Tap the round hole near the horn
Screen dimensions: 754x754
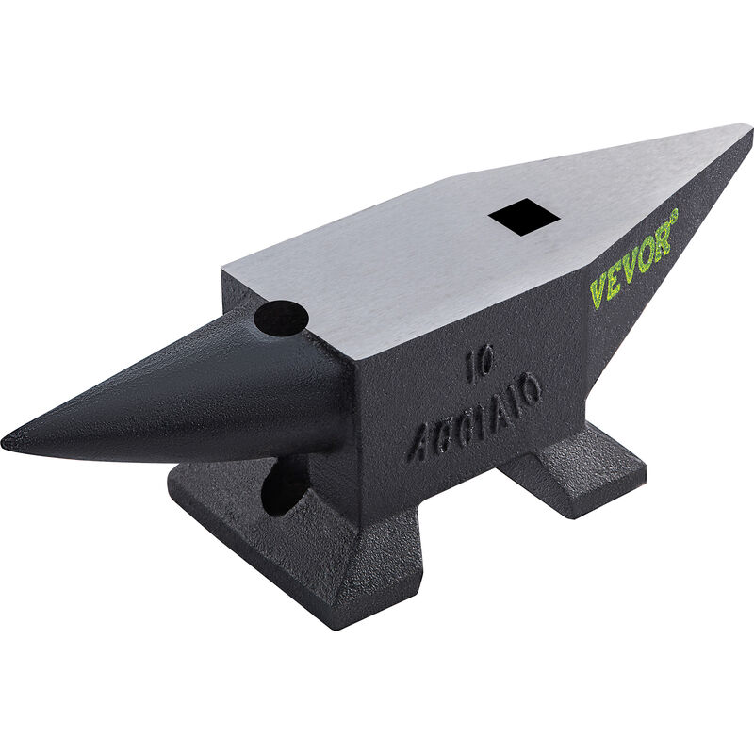pos(280,319)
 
